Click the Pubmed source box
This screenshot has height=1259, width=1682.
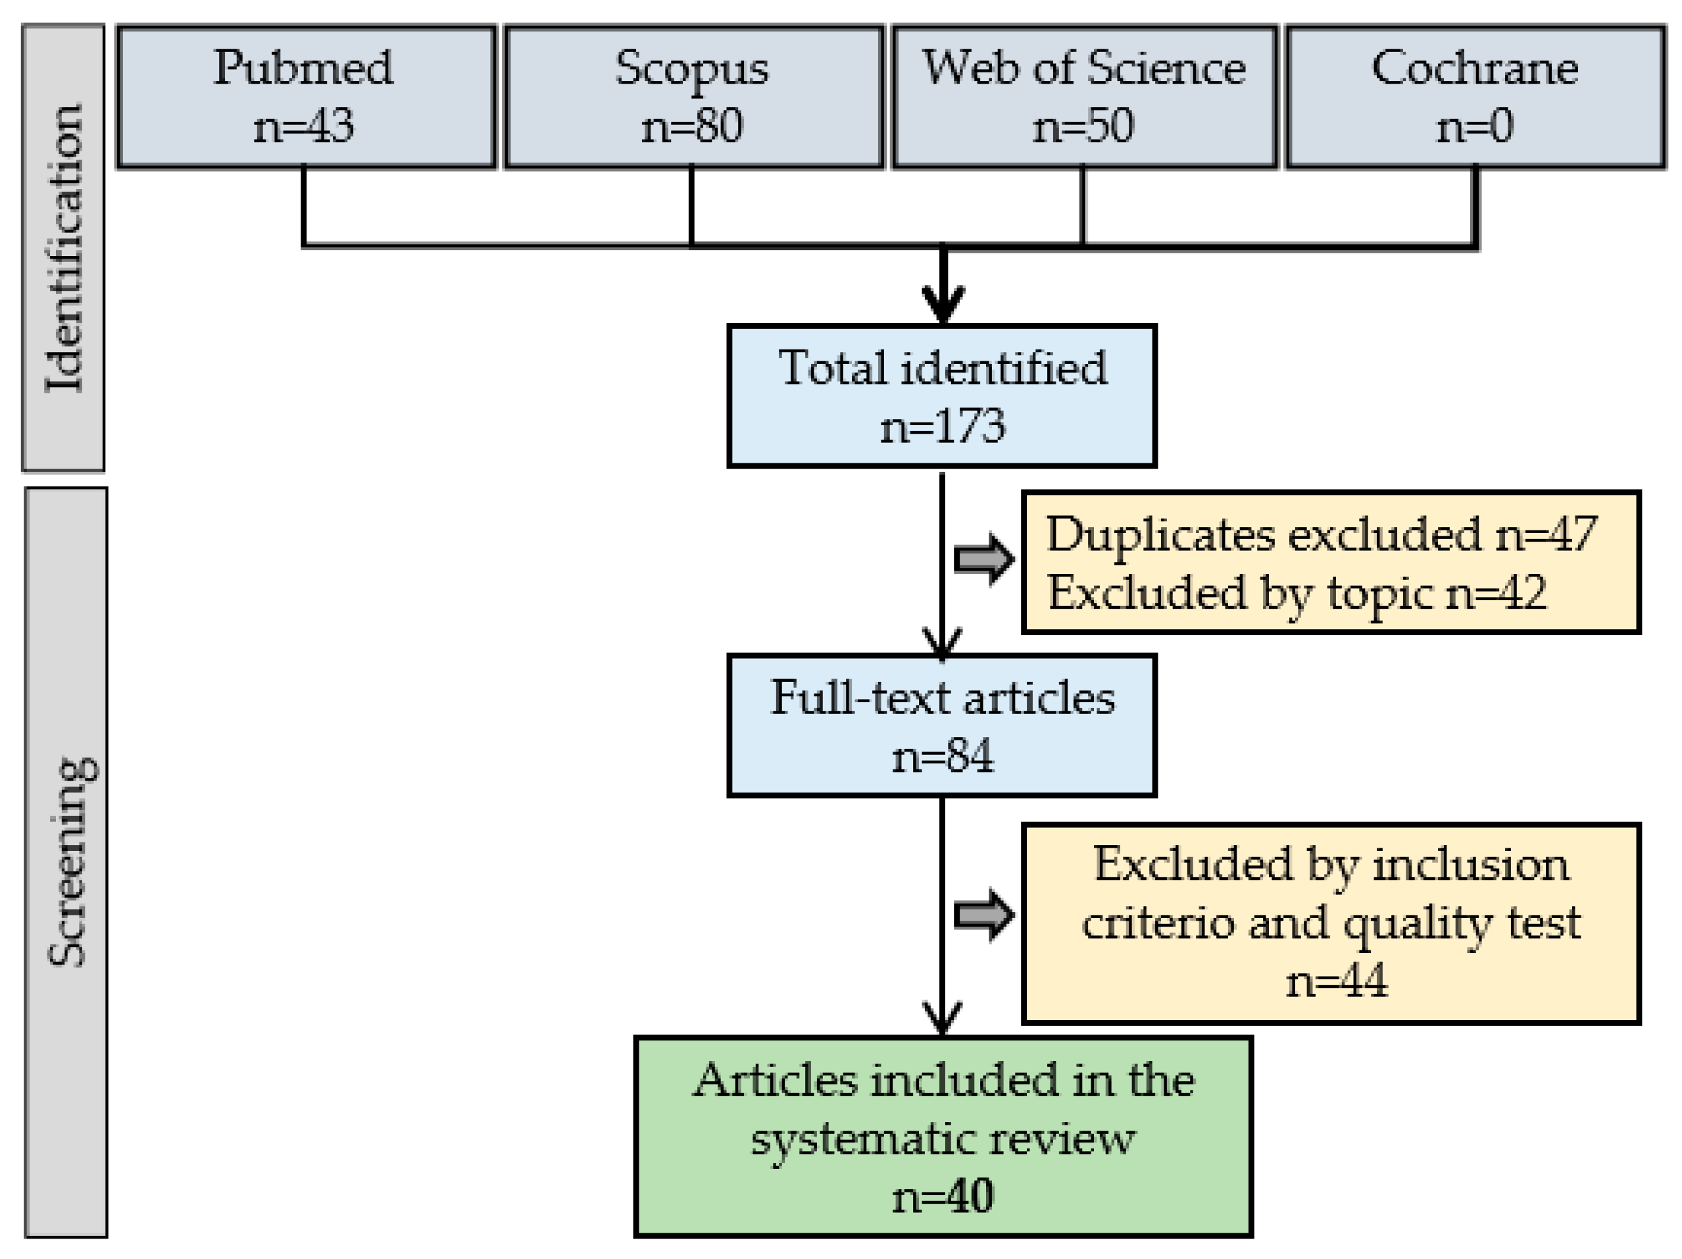[x=306, y=97]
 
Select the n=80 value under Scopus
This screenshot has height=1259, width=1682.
[x=691, y=126]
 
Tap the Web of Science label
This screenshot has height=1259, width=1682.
[x=1083, y=68]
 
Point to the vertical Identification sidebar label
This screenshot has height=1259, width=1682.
[x=64, y=248]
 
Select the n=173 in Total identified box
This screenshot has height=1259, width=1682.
[x=942, y=426]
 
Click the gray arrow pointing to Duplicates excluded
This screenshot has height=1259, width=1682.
[x=983, y=559]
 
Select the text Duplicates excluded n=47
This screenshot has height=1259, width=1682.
[x=1322, y=534]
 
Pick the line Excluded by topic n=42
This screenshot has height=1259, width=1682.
[x=1297, y=592]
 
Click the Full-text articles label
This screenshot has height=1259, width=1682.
[x=942, y=698]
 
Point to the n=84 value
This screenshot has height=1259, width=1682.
[x=942, y=756]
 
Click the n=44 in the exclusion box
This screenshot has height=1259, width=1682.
[x=1336, y=981]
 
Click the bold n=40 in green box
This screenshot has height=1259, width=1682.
[x=942, y=1196]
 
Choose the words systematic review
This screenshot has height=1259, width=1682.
[x=942, y=1139]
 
